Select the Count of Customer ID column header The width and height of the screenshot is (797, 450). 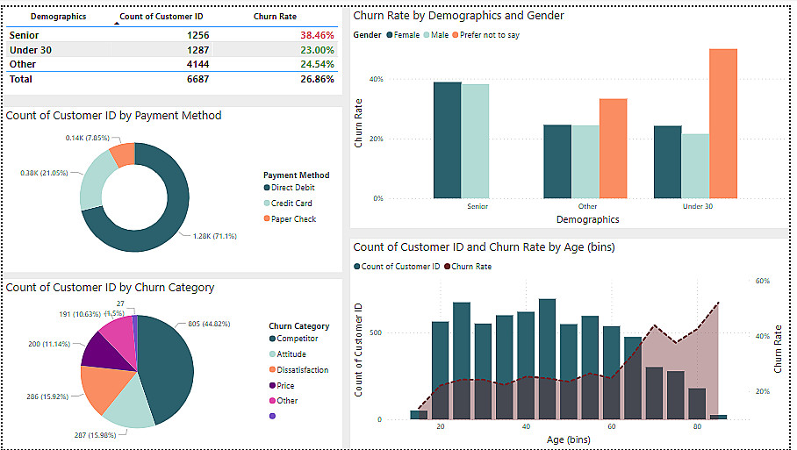click(x=162, y=17)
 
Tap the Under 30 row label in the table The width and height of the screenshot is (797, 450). click(x=31, y=50)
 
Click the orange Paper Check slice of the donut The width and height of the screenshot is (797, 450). click(x=123, y=154)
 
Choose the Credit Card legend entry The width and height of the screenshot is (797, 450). click(x=291, y=204)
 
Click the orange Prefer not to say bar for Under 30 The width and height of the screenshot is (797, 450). click(x=722, y=123)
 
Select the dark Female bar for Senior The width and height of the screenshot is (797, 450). click(x=447, y=139)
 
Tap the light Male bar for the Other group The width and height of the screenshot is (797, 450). click(x=585, y=161)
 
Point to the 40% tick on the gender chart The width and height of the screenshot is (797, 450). click(x=376, y=79)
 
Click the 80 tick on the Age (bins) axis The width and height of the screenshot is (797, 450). click(x=697, y=426)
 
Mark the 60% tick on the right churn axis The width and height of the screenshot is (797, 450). click(x=763, y=281)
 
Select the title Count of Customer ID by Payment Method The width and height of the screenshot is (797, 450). click(x=113, y=115)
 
